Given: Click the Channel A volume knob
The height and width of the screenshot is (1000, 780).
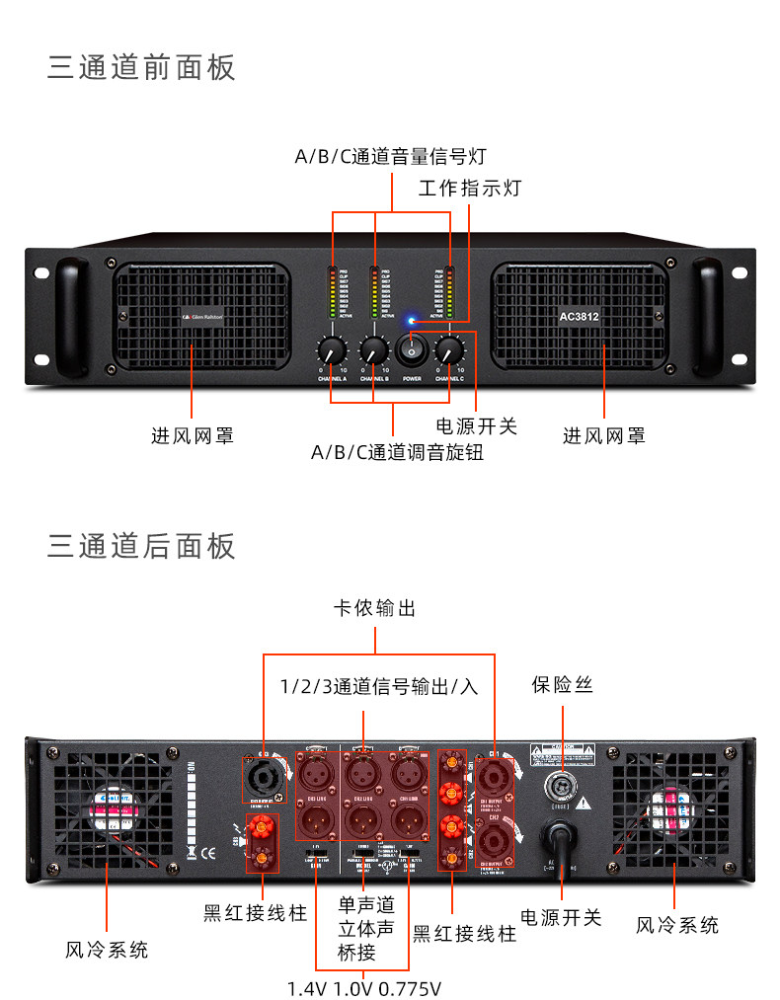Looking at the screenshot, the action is click(332, 349).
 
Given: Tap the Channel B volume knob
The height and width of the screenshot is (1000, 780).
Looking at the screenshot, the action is click(374, 349).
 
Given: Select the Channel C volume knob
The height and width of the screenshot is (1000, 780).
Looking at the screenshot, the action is click(449, 349).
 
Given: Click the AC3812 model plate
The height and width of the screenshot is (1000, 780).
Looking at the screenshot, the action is click(580, 317).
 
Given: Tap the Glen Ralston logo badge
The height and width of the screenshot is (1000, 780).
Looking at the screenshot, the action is click(201, 317).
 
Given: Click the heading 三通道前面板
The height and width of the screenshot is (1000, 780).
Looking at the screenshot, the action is click(142, 68).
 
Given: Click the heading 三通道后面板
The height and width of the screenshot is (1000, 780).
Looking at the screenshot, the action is click(142, 545).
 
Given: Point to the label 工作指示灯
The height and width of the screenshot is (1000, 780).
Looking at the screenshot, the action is click(470, 188).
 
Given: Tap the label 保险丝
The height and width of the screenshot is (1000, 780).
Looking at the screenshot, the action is click(563, 684).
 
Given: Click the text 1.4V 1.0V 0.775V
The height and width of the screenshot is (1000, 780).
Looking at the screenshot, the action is click(364, 988).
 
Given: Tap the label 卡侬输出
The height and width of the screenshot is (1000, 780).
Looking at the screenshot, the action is click(375, 608).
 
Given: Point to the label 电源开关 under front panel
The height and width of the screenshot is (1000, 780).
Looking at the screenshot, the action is click(477, 426).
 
